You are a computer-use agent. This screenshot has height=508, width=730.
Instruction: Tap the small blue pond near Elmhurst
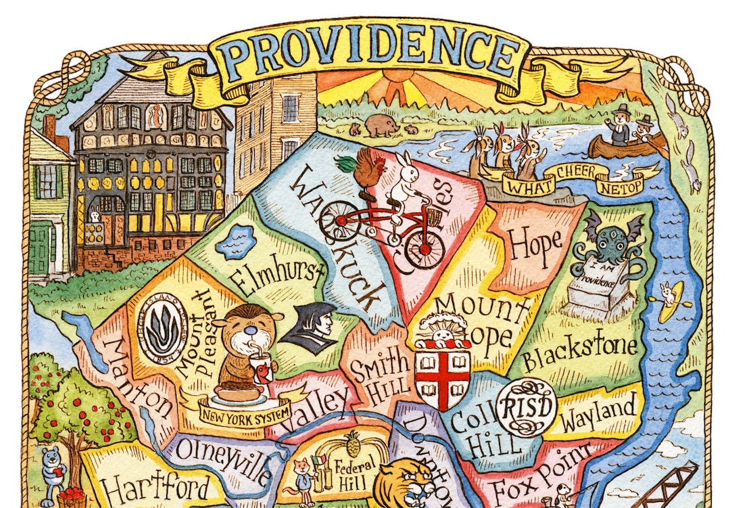point(235,241)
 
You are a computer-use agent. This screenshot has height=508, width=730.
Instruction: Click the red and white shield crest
point(443,373)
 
